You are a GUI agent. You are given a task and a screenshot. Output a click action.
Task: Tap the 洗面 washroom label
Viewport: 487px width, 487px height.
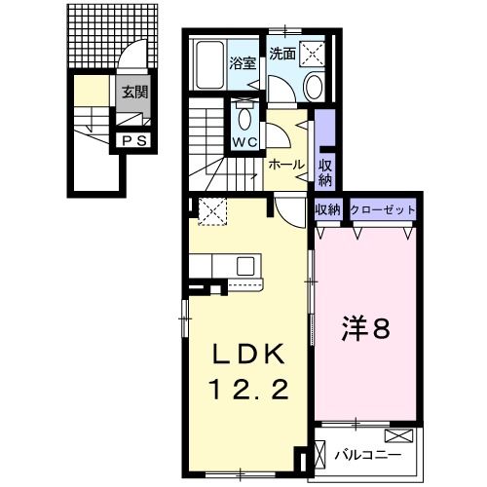click(282, 54)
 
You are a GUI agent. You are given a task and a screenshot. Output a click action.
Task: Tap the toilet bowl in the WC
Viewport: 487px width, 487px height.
click(243, 120)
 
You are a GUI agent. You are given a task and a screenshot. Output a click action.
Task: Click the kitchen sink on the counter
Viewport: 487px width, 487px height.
click(244, 265)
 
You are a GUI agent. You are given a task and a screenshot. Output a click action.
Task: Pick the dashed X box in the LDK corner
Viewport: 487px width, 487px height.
click(210, 209)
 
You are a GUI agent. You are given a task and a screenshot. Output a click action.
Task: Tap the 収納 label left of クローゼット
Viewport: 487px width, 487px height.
click(326, 209)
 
